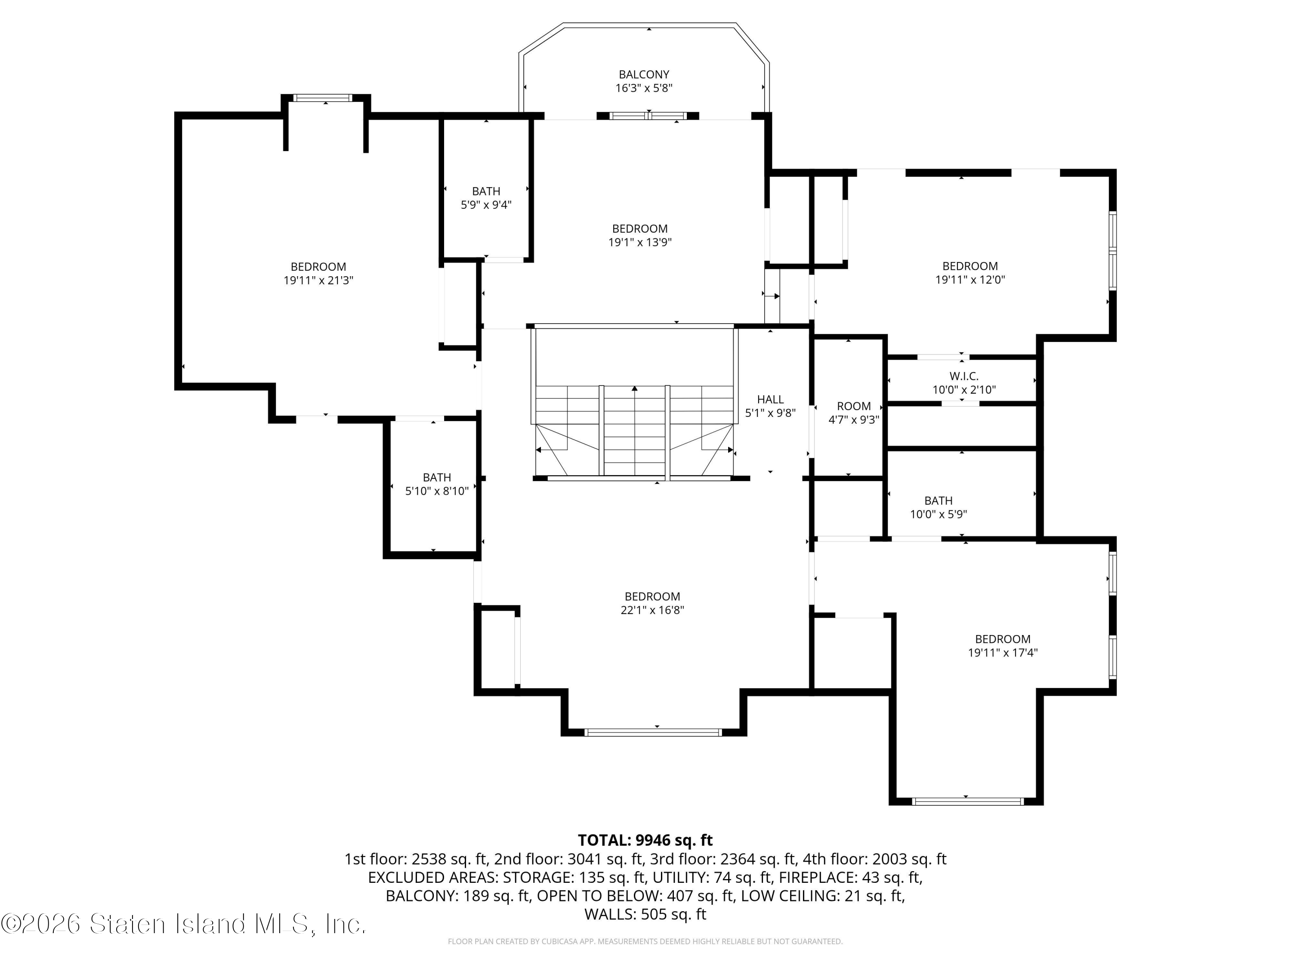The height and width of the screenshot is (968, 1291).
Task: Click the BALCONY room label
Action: [x=644, y=75]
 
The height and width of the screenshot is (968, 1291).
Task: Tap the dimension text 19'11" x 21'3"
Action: [x=319, y=281]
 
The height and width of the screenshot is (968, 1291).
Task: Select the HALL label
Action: [x=770, y=400]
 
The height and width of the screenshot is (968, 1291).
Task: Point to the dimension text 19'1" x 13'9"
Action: [x=640, y=243]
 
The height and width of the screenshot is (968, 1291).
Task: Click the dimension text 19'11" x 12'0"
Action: [x=970, y=280]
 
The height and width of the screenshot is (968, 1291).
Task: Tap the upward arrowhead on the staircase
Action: [x=634, y=388]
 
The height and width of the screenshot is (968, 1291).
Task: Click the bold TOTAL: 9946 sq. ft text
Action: [x=645, y=840]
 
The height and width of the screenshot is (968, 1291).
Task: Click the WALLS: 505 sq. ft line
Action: [x=645, y=914]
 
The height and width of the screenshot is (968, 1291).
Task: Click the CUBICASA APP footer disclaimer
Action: [x=645, y=941]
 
